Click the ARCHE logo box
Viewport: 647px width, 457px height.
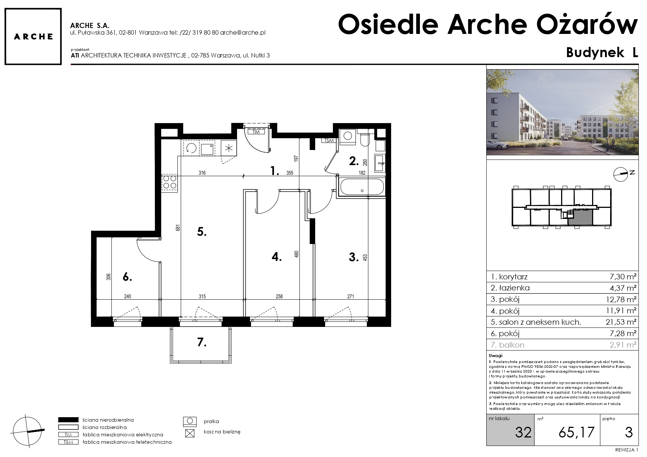[33, 36]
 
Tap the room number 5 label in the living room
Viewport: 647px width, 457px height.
[202, 232]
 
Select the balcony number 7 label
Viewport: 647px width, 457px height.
[201, 342]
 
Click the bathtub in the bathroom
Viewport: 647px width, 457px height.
[362, 187]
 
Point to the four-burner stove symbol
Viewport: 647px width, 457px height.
[170, 182]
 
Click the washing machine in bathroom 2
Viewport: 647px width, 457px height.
[348, 136]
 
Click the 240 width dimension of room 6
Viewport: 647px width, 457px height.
[128, 296]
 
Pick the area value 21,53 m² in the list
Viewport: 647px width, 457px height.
[621, 322]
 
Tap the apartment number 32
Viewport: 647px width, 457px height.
[523, 432]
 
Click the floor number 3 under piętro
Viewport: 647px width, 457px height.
[629, 432]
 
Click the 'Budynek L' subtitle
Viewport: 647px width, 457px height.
[602, 53]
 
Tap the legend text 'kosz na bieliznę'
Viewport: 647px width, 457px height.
[222, 432]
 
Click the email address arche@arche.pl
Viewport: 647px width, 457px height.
[243, 32]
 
